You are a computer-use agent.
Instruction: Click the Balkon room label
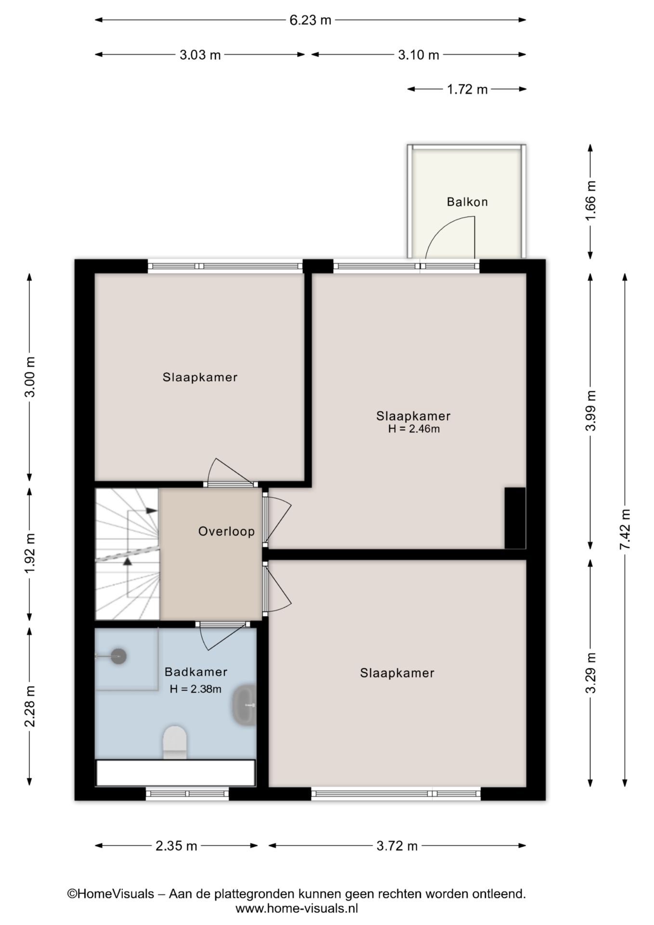(x=467, y=202)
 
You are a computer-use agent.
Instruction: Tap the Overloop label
(x=226, y=531)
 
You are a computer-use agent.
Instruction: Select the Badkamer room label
(x=196, y=672)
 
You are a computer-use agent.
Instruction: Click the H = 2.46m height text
(x=414, y=429)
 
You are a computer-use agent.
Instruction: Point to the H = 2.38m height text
(x=196, y=689)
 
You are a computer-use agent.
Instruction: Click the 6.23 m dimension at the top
(x=310, y=20)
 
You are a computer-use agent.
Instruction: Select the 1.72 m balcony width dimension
(x=467, y=89)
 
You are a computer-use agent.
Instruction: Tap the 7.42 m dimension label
(x=625, y=529)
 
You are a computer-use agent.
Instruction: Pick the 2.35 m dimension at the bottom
(x=176, y=846)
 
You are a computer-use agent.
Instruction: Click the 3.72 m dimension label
(x=397, y=846)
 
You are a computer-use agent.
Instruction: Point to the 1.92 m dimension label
(x=30, y=554)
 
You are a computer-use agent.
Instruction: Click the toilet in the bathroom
(x=175, y=742)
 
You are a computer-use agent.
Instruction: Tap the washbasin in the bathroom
(x=245, y=705)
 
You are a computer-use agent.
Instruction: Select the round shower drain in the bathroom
(x=118, y=656)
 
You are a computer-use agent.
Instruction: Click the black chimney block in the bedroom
(x=515, y=518)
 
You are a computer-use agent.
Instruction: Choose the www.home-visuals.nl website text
(x=297, y=909)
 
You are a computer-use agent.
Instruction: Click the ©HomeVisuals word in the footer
(x=110, y=894)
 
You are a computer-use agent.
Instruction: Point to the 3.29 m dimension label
(x=591, y=673)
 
